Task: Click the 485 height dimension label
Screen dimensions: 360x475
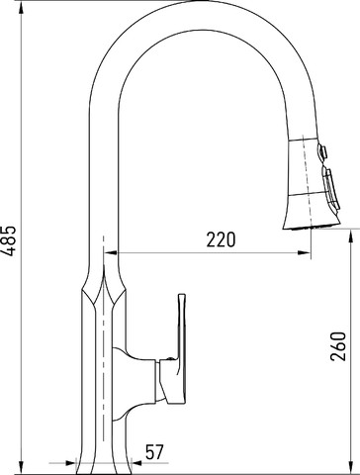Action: click(9, 240)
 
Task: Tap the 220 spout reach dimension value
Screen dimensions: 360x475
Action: click(221, 239)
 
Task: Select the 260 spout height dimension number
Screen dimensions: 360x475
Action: click(338, 346)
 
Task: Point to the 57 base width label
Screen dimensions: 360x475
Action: click(154, 452)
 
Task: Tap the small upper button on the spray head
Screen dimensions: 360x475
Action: click(322, 151)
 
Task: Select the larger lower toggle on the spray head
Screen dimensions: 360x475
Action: click(331, 189)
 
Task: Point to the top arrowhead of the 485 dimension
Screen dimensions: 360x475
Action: click(21, 7)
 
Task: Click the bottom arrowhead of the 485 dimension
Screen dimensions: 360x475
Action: click(21, 468)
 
